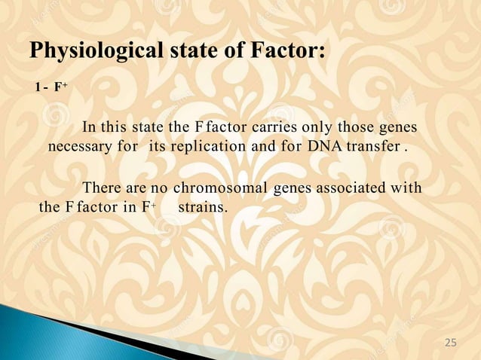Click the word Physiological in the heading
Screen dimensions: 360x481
coord(90,53)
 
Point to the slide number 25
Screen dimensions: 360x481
coord(451,343)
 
